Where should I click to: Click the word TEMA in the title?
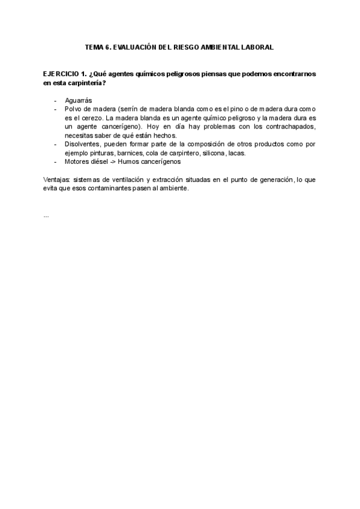(94, 47)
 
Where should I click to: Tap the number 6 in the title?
(110, 47)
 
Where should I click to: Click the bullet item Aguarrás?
(79, 100)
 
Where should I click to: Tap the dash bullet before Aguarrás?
(55, 100)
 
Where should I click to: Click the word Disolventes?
(83, 144)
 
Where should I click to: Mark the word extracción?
(171, 179)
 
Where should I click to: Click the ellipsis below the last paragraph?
(46, 215)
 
